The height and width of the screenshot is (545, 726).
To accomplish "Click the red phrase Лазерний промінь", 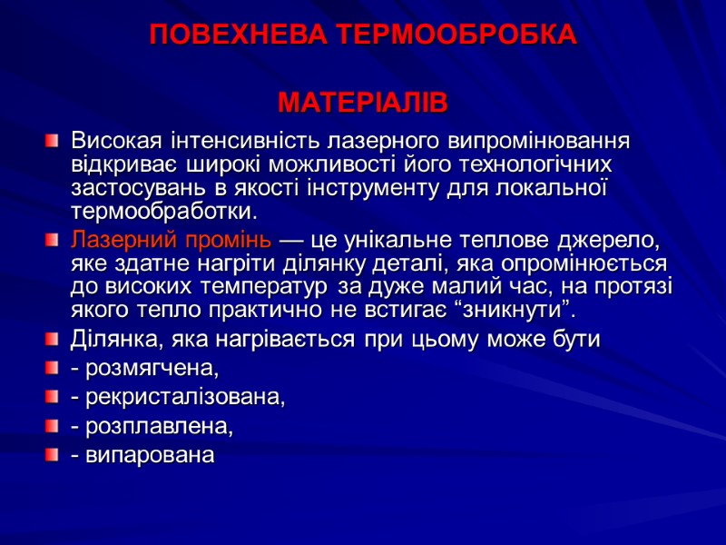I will (x=171, y=243).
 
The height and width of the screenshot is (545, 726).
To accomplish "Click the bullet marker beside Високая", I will (x=53, y=143).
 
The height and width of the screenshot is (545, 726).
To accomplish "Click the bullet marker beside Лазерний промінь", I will (x=53, y=243).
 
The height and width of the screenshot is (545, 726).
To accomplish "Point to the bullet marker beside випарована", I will (x=53, y=454).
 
